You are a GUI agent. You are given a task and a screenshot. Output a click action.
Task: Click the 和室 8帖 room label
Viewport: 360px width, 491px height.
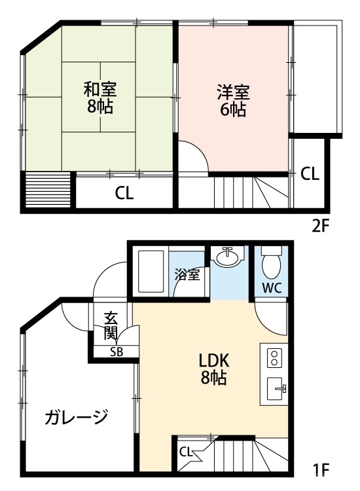click(x=99, y=96)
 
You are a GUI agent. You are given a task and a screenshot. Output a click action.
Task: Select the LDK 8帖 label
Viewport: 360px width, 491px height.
click(x=213, y=369)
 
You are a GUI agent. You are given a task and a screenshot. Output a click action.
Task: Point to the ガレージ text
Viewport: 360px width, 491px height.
click(x=76, y=416)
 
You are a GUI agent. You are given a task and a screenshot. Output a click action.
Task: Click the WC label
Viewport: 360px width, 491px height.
click(x=271, y=287)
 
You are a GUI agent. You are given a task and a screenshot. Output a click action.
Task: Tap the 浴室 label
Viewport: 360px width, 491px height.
click(x=187, y=276)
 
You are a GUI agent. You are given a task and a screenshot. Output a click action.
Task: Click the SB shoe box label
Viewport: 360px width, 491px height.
click(x=116, y=352)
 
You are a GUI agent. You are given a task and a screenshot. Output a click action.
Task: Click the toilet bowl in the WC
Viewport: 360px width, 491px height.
click(x=270, y=265)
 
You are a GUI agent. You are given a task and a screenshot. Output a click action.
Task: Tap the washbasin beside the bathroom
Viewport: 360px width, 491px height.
click(x=227, y=258)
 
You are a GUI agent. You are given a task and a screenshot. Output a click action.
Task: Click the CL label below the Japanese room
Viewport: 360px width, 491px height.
click(x=124, y=193)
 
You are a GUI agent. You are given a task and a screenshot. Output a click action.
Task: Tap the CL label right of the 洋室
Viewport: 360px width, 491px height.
click(x=310, y=174)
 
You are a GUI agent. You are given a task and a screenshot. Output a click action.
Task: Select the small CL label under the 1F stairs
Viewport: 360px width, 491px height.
click(x=185, y=451)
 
